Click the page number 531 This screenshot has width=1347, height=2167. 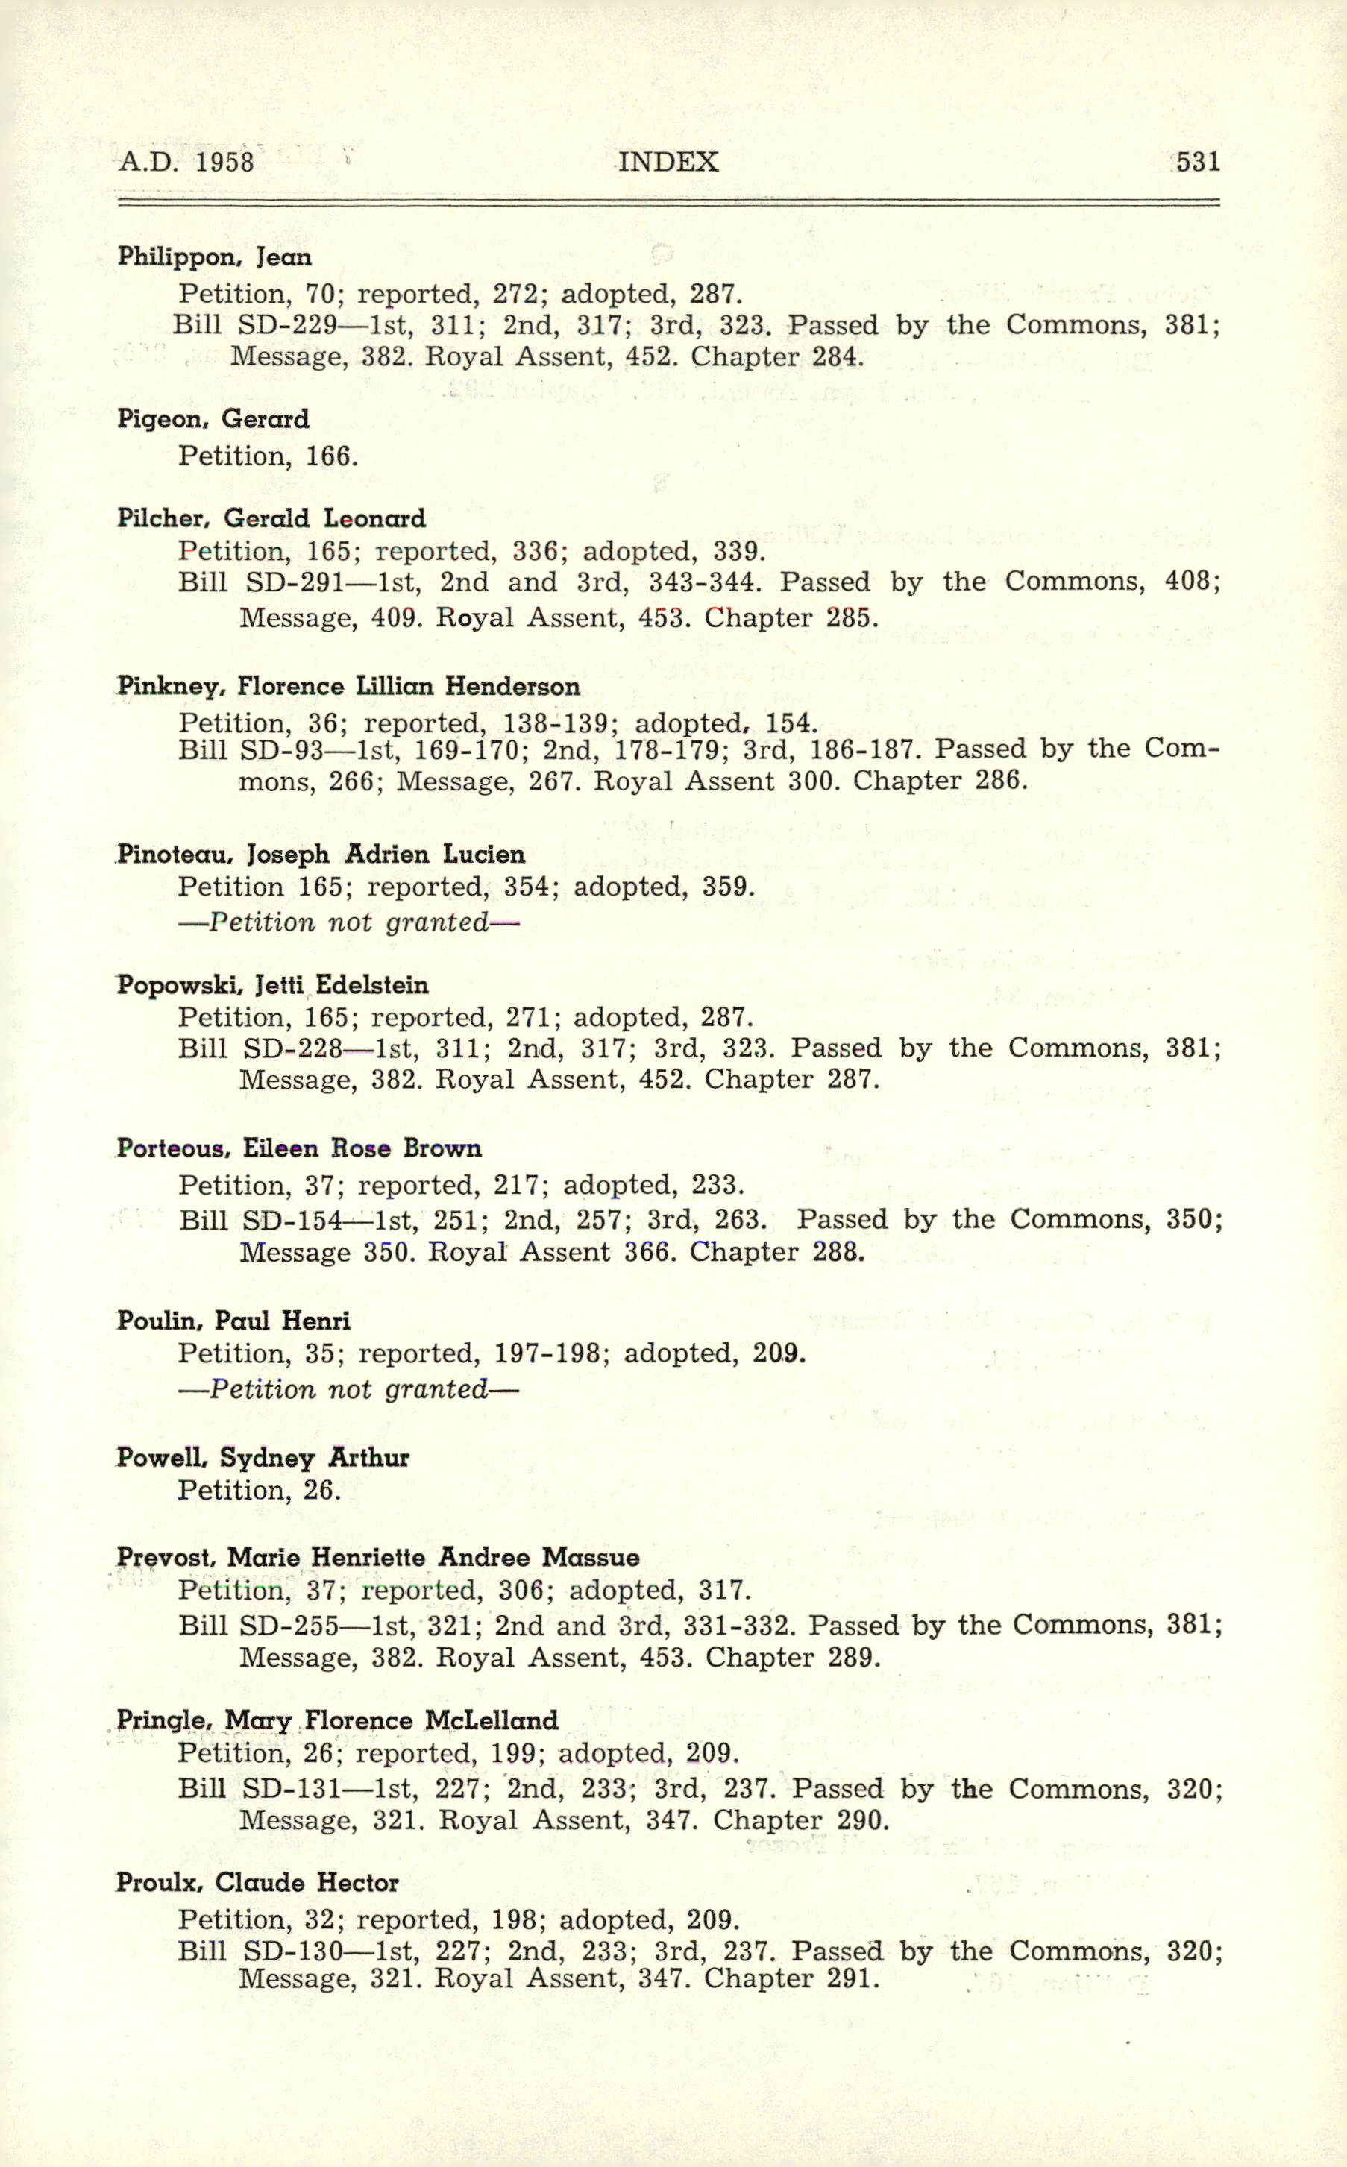click(x=1196, y=162)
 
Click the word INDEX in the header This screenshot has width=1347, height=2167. click(x=668, y=162)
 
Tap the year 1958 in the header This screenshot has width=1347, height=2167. click(x=224, y=162)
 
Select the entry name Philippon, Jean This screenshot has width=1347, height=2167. click(x=214, y=257)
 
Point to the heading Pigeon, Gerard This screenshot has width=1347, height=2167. click(x=213, y=420)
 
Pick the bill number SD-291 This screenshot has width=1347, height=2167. click(x=292, y=582)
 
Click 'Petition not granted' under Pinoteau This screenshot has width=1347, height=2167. click(x=348, y=922)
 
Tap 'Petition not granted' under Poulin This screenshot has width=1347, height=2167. click(x=348, y=1389)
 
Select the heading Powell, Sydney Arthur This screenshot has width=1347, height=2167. click(x=263, y=1458)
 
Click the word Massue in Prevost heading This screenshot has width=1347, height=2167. click(x=591, y=1558)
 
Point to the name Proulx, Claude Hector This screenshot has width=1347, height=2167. click(x=257, y=1883)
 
